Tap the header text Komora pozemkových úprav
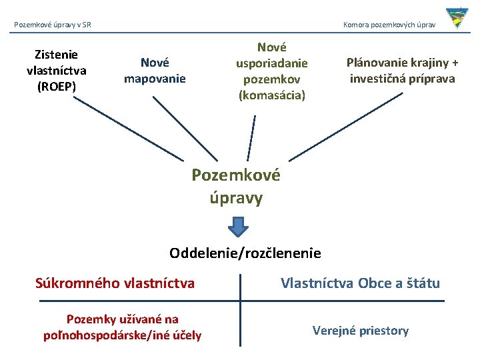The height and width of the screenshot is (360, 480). (389, 25)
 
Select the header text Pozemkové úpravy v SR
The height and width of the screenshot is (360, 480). (53, 25)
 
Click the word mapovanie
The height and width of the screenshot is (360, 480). (155, 77)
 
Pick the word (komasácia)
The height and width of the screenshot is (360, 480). (271, 95)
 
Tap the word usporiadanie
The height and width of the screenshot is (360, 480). (271, 63)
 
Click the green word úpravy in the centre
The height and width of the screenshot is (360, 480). (236, 198)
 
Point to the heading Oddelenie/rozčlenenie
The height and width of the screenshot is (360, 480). (245, 253)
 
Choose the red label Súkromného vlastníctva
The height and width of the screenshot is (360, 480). (115, 283)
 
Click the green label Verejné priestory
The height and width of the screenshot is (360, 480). (361, 331)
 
